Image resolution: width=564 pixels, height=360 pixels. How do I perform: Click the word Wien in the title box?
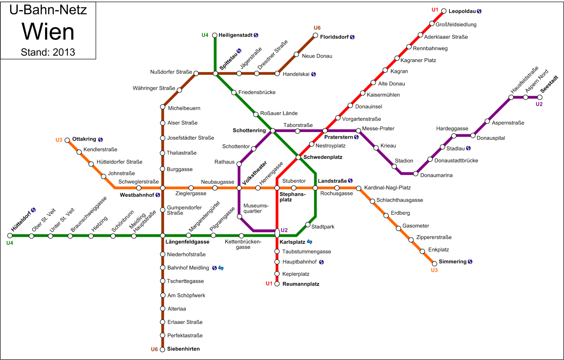[48, 32]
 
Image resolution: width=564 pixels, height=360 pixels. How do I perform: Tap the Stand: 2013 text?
[48, 52]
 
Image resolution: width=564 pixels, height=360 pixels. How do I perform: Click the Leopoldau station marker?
[444, 11]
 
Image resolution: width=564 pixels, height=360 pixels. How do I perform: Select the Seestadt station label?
[549, 84]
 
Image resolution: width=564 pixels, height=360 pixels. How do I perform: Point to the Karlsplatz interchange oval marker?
[277, 233]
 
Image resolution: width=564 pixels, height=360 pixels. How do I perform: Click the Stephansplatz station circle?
[277, 188]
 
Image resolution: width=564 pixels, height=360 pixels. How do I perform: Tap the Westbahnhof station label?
[137, 195]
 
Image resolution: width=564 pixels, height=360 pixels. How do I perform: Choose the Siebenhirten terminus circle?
[162, 349]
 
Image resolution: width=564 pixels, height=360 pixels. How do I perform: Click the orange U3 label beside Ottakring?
[59, 140]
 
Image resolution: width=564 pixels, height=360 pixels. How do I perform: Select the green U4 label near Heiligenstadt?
[205, 35]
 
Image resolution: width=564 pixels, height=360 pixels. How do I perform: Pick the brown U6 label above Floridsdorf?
[317, 28]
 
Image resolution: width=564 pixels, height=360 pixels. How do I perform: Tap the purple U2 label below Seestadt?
[539, 104]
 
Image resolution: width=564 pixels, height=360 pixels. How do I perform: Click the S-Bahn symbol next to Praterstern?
[356, 137]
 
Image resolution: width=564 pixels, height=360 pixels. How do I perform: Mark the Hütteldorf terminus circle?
[10, 236]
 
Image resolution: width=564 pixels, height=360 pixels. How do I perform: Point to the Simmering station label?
[452, 262]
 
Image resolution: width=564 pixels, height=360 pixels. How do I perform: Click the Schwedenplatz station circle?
[298, 157]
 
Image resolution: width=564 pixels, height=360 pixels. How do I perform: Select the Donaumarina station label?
[436, 175]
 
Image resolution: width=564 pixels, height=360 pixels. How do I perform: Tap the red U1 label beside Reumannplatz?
[269, 284]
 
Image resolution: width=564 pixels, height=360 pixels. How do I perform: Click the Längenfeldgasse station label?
[187, 242]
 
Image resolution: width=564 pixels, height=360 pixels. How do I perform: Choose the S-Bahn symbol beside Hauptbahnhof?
[321, 262]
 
